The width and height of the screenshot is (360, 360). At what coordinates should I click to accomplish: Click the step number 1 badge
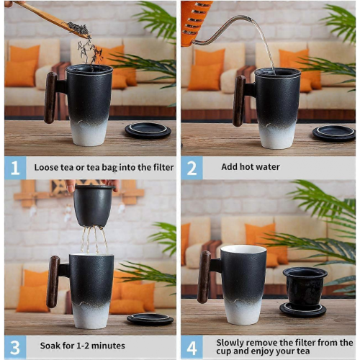pyautogui.click(x=15, y=168)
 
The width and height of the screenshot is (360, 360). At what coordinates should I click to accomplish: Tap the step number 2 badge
pyautogui.click(x=192, y=168)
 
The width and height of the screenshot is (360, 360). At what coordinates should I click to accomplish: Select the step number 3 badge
pyautogui.click(x=15, y=347)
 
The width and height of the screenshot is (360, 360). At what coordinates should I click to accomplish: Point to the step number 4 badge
pyautogui.click(x=192, y=347)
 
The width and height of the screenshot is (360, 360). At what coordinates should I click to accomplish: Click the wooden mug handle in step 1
pyautogui.click(x=50, y=98)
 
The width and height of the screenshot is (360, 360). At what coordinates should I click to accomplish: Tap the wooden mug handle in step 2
pyautogui.click(x=239, y=101)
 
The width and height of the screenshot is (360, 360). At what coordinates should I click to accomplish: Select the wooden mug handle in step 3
pyautogui.click(x=53, y=282)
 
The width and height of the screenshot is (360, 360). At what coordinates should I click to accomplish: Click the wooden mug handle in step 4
pyautogui.click(x=204, y=276)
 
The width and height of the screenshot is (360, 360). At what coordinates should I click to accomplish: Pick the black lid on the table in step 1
pyautogui.click(x=148, y=130)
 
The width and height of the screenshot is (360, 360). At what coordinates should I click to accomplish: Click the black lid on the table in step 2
pyautogui.click(x=334, y=133)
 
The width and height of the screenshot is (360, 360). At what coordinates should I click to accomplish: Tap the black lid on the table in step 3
pyautogui.click(x=150, y=320)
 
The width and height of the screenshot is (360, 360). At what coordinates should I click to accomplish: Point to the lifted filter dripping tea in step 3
pyautogui.click(x=94, y=206)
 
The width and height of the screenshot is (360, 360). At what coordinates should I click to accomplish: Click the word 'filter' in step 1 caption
pyautogui.click(x=163, y=167)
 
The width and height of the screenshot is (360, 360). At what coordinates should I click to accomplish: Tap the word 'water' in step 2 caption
pyautogui.click(x=268, y=167)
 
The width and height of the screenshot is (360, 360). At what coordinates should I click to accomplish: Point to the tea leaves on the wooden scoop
pyautogui.click(x=78, y=28)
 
